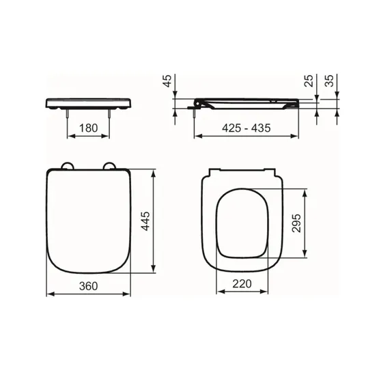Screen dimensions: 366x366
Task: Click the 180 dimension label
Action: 88,128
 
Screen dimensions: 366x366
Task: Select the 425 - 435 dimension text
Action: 247,128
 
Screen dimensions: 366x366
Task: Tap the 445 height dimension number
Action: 146,221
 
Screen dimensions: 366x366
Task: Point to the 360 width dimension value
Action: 88,286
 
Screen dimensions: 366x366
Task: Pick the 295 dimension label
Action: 296,223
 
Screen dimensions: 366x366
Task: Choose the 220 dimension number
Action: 242,284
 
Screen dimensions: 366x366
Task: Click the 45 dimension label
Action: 167,81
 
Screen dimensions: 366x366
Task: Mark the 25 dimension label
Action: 309,81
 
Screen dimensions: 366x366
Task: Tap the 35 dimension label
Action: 329,81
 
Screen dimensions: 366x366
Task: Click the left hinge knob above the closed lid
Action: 68,165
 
